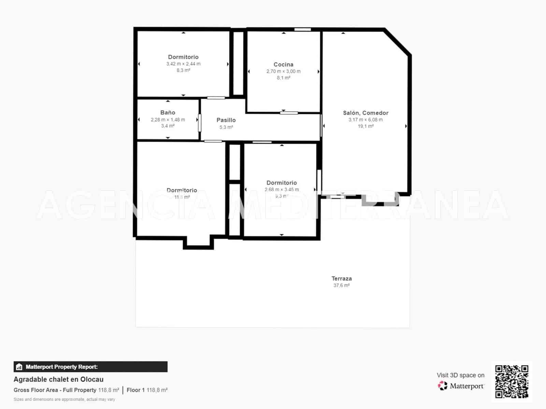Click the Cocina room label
[x=283, y=64]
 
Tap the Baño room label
[x=168, y=112]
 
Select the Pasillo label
[x=226, y=120]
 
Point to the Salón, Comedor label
[x=365, y=113]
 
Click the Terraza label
[x=342, y=278]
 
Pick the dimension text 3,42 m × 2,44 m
[x=183, y=64]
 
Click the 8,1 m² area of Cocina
[x=283, y=78]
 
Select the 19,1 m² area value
[x=365, y=126]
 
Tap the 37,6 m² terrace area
[x=342, y=285]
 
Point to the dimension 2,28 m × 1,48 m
[x=168, y=120]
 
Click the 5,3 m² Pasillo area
[x=226, y=127]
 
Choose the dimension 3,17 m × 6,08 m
[x=365, y=120]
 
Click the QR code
[x=512, y=381]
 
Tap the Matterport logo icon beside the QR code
[x=443, y=386]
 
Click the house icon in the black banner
[x=19, y=367]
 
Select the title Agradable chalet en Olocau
[x=58, y=379]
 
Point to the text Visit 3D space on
[x=460, y=375]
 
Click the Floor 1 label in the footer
[x=135, y=390]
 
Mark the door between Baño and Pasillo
[x=200, y=123]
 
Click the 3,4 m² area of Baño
[x=168, y=126]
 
